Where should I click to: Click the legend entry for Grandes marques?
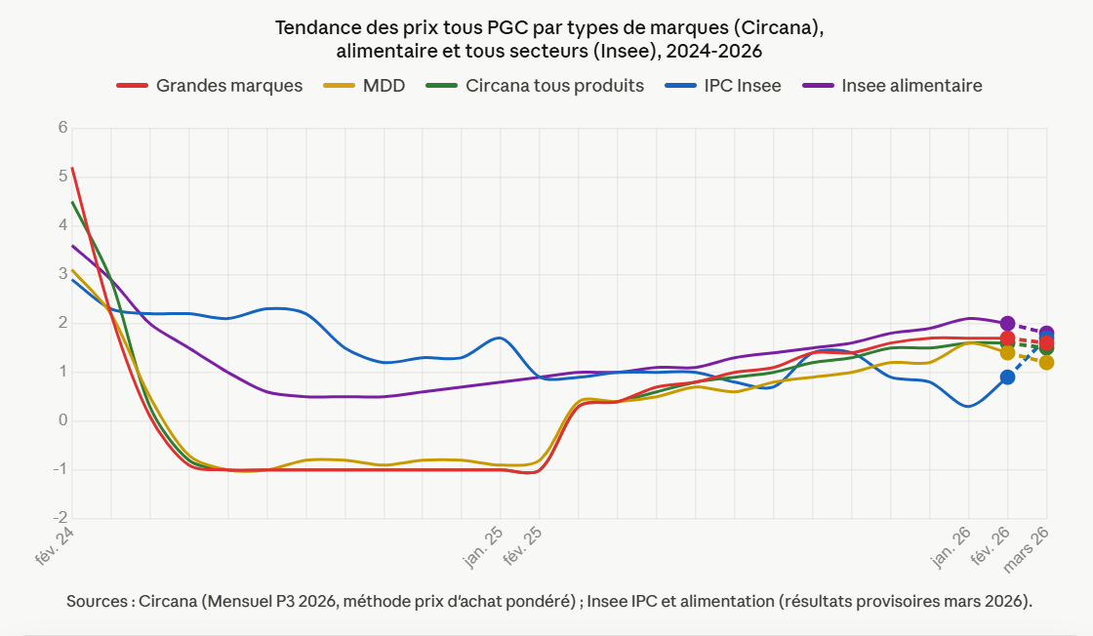[x=228, y=86]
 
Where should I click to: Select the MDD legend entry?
[x=384, y=86]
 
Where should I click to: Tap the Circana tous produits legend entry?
[x=554, y=86]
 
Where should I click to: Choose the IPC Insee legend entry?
[x=742, y=86]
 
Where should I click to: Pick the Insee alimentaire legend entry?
[x=911, y=86]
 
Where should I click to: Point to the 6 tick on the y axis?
[x=62, y=128]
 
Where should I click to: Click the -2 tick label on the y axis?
[x=61, y=518]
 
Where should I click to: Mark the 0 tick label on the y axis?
[x=62, y=420]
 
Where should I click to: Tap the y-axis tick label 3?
[x=62, y=274]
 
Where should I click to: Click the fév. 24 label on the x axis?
[x=56, y=547]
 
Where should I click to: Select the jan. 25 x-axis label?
[x=483, y=547]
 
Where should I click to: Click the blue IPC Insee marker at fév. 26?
[x=1007, y=377]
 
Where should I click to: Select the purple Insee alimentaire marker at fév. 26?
[x=1007, y=323]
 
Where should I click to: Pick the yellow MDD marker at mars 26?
[x=1046, y=363]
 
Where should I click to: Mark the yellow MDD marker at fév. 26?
[x=1007, y=353]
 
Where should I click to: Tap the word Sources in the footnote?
[x=97, y=601]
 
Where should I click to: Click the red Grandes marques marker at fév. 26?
[x=1007, y=338]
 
